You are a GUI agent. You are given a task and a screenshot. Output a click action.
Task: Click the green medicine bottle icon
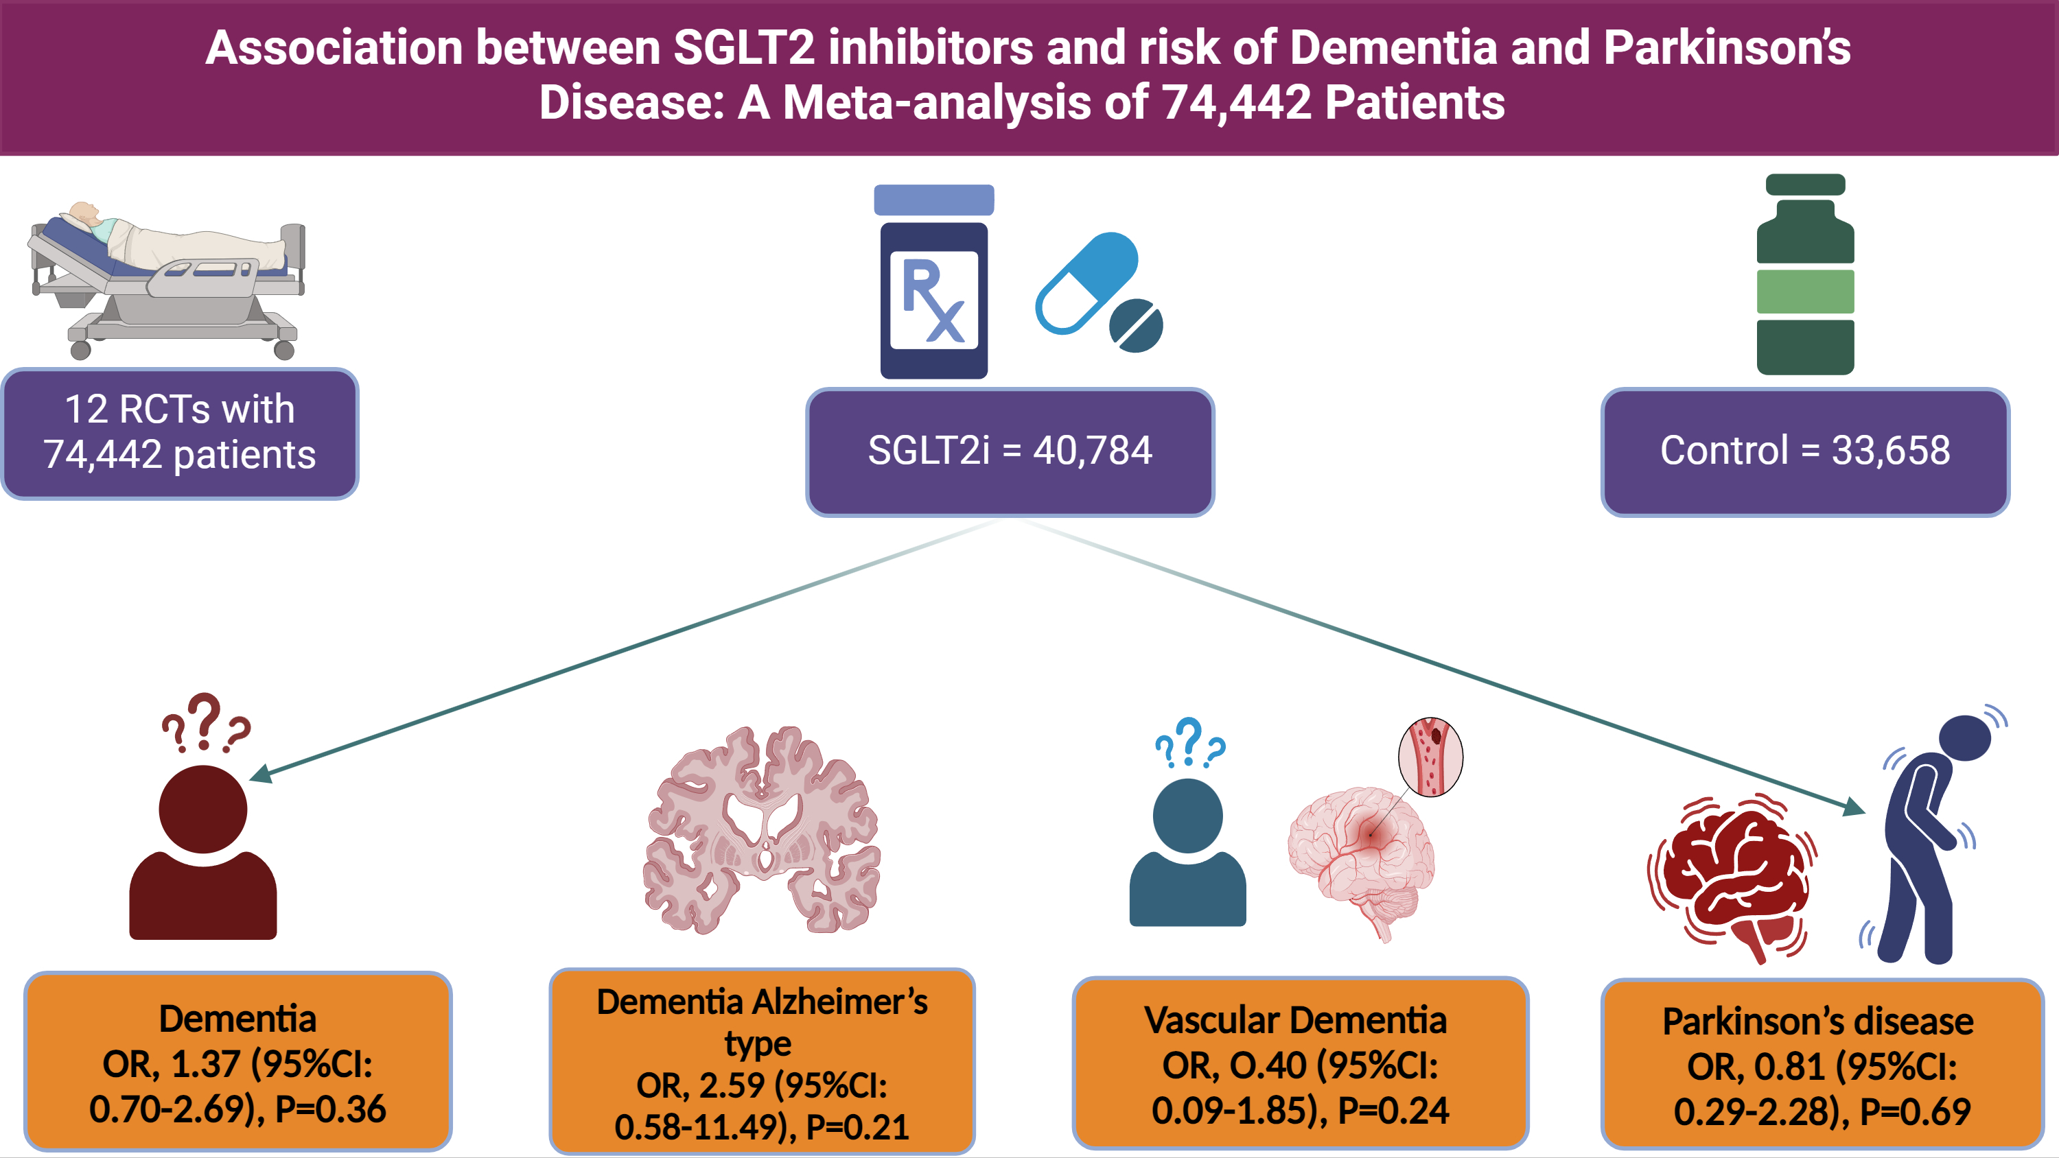click(x=1805, y=276)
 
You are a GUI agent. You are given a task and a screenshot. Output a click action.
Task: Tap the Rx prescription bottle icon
click(x=933, y=284)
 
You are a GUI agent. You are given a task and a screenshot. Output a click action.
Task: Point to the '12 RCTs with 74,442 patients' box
click(x=180, y=433)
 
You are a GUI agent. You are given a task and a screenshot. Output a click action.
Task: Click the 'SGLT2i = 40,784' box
click(x=1010, y=451)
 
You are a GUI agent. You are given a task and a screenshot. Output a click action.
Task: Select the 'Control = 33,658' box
click(x=1805, y=451)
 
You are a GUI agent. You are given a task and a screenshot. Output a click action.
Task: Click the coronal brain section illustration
click(x=761, y=831)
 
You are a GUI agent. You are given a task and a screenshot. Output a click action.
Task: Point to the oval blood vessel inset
click(x=1430, y=756)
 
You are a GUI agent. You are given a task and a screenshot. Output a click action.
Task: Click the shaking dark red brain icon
click(x=1730, y=879)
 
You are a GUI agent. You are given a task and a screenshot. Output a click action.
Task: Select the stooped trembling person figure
click(x=1927, y=839)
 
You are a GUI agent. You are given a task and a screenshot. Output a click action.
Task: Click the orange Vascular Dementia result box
click(x=1300, y=1063)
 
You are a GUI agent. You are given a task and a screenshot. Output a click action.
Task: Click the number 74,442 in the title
click(x=1237, y=102)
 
